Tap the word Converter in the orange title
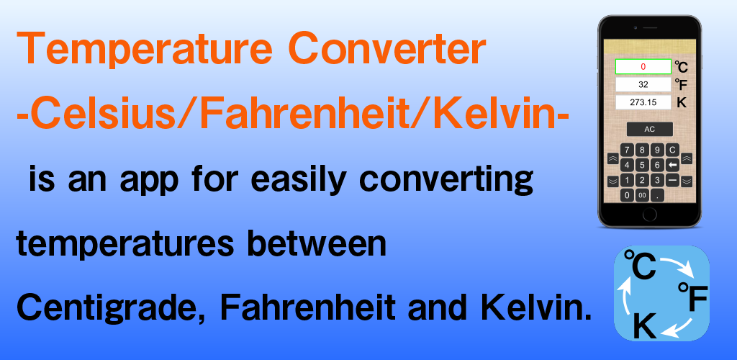(386, 49)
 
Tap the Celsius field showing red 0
(643, 67)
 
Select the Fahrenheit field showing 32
(643, 84)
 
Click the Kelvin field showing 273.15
(643, 102)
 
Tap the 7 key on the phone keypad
(628, 150)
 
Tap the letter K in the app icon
(645, 325)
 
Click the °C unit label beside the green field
(682, 67)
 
